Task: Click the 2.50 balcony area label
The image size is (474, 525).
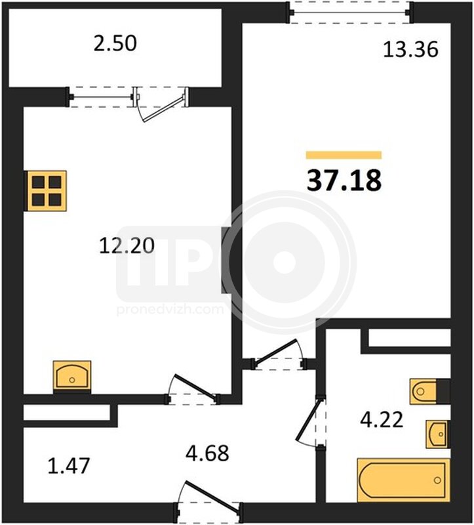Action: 115,44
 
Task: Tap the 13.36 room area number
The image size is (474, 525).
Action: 410,50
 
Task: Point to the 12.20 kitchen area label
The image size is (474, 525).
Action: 127,245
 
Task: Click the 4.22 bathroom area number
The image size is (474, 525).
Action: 382,420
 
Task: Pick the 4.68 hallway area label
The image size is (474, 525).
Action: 207,453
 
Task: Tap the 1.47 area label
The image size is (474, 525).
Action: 69,466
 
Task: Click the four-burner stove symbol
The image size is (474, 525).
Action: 46,191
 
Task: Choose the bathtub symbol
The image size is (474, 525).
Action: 404,480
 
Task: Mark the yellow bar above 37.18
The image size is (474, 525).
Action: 344,155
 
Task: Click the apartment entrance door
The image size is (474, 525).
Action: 208,500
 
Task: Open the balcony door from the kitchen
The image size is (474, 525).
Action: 161,105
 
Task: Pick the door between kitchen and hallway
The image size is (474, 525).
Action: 193,388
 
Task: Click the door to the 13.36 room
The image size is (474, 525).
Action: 280,354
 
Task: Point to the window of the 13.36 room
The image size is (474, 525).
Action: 350,12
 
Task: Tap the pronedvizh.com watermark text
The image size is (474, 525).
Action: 170,309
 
